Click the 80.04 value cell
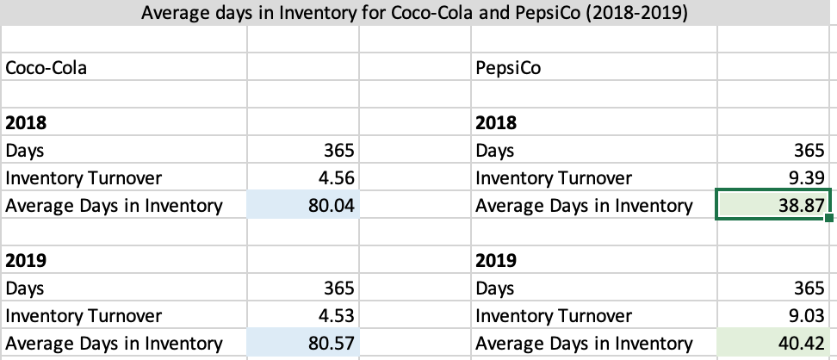coord(332,206)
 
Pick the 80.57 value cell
coord(332,344)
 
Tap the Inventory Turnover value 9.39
coord(806,178)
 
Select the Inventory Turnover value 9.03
coord(806,316)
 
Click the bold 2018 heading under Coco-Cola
coord(25,122)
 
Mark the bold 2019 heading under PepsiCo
coord(495,260)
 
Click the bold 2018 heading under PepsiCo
coord(495,122)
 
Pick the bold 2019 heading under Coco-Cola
coord(25,260)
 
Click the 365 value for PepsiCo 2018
coord(809,151)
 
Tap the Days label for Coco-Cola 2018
coord(25,151)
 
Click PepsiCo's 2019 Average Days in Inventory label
coord(583,344)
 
